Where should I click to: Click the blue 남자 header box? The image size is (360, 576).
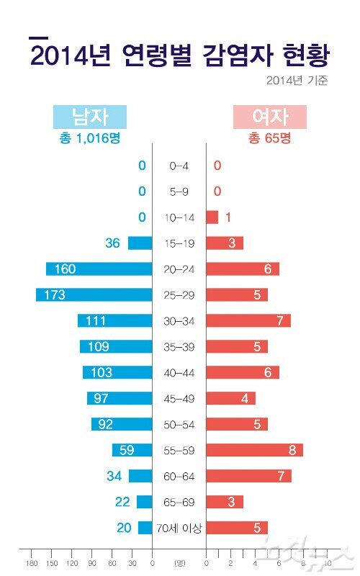pos(89,117)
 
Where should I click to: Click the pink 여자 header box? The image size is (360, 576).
pos(269,117)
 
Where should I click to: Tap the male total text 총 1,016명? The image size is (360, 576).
pos(89,138)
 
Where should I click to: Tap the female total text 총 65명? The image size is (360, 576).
pos(269,138)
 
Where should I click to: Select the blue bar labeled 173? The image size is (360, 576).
pos(94,294)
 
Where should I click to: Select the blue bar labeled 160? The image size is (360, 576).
pos(99,269)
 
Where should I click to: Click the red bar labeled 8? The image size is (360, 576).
pos(254,450)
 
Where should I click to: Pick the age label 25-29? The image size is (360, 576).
pos(179,295)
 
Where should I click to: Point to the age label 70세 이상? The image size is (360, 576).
pos(179,528)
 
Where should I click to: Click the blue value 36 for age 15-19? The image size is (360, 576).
pos(112,243)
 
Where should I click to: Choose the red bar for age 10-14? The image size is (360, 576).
pos(212,217)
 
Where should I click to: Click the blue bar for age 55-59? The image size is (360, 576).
pos(132,450)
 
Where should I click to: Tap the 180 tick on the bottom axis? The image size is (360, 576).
pos(32,563)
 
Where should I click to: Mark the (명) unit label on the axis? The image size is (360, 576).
pos(179,563)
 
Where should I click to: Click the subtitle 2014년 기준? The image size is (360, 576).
pos(297,80)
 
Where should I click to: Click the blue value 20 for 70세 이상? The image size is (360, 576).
pos(123,528)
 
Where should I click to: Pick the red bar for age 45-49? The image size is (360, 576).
pos(230,398)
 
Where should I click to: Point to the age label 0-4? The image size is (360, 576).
pos(179,166)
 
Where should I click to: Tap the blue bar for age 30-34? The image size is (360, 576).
pos(114,320)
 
